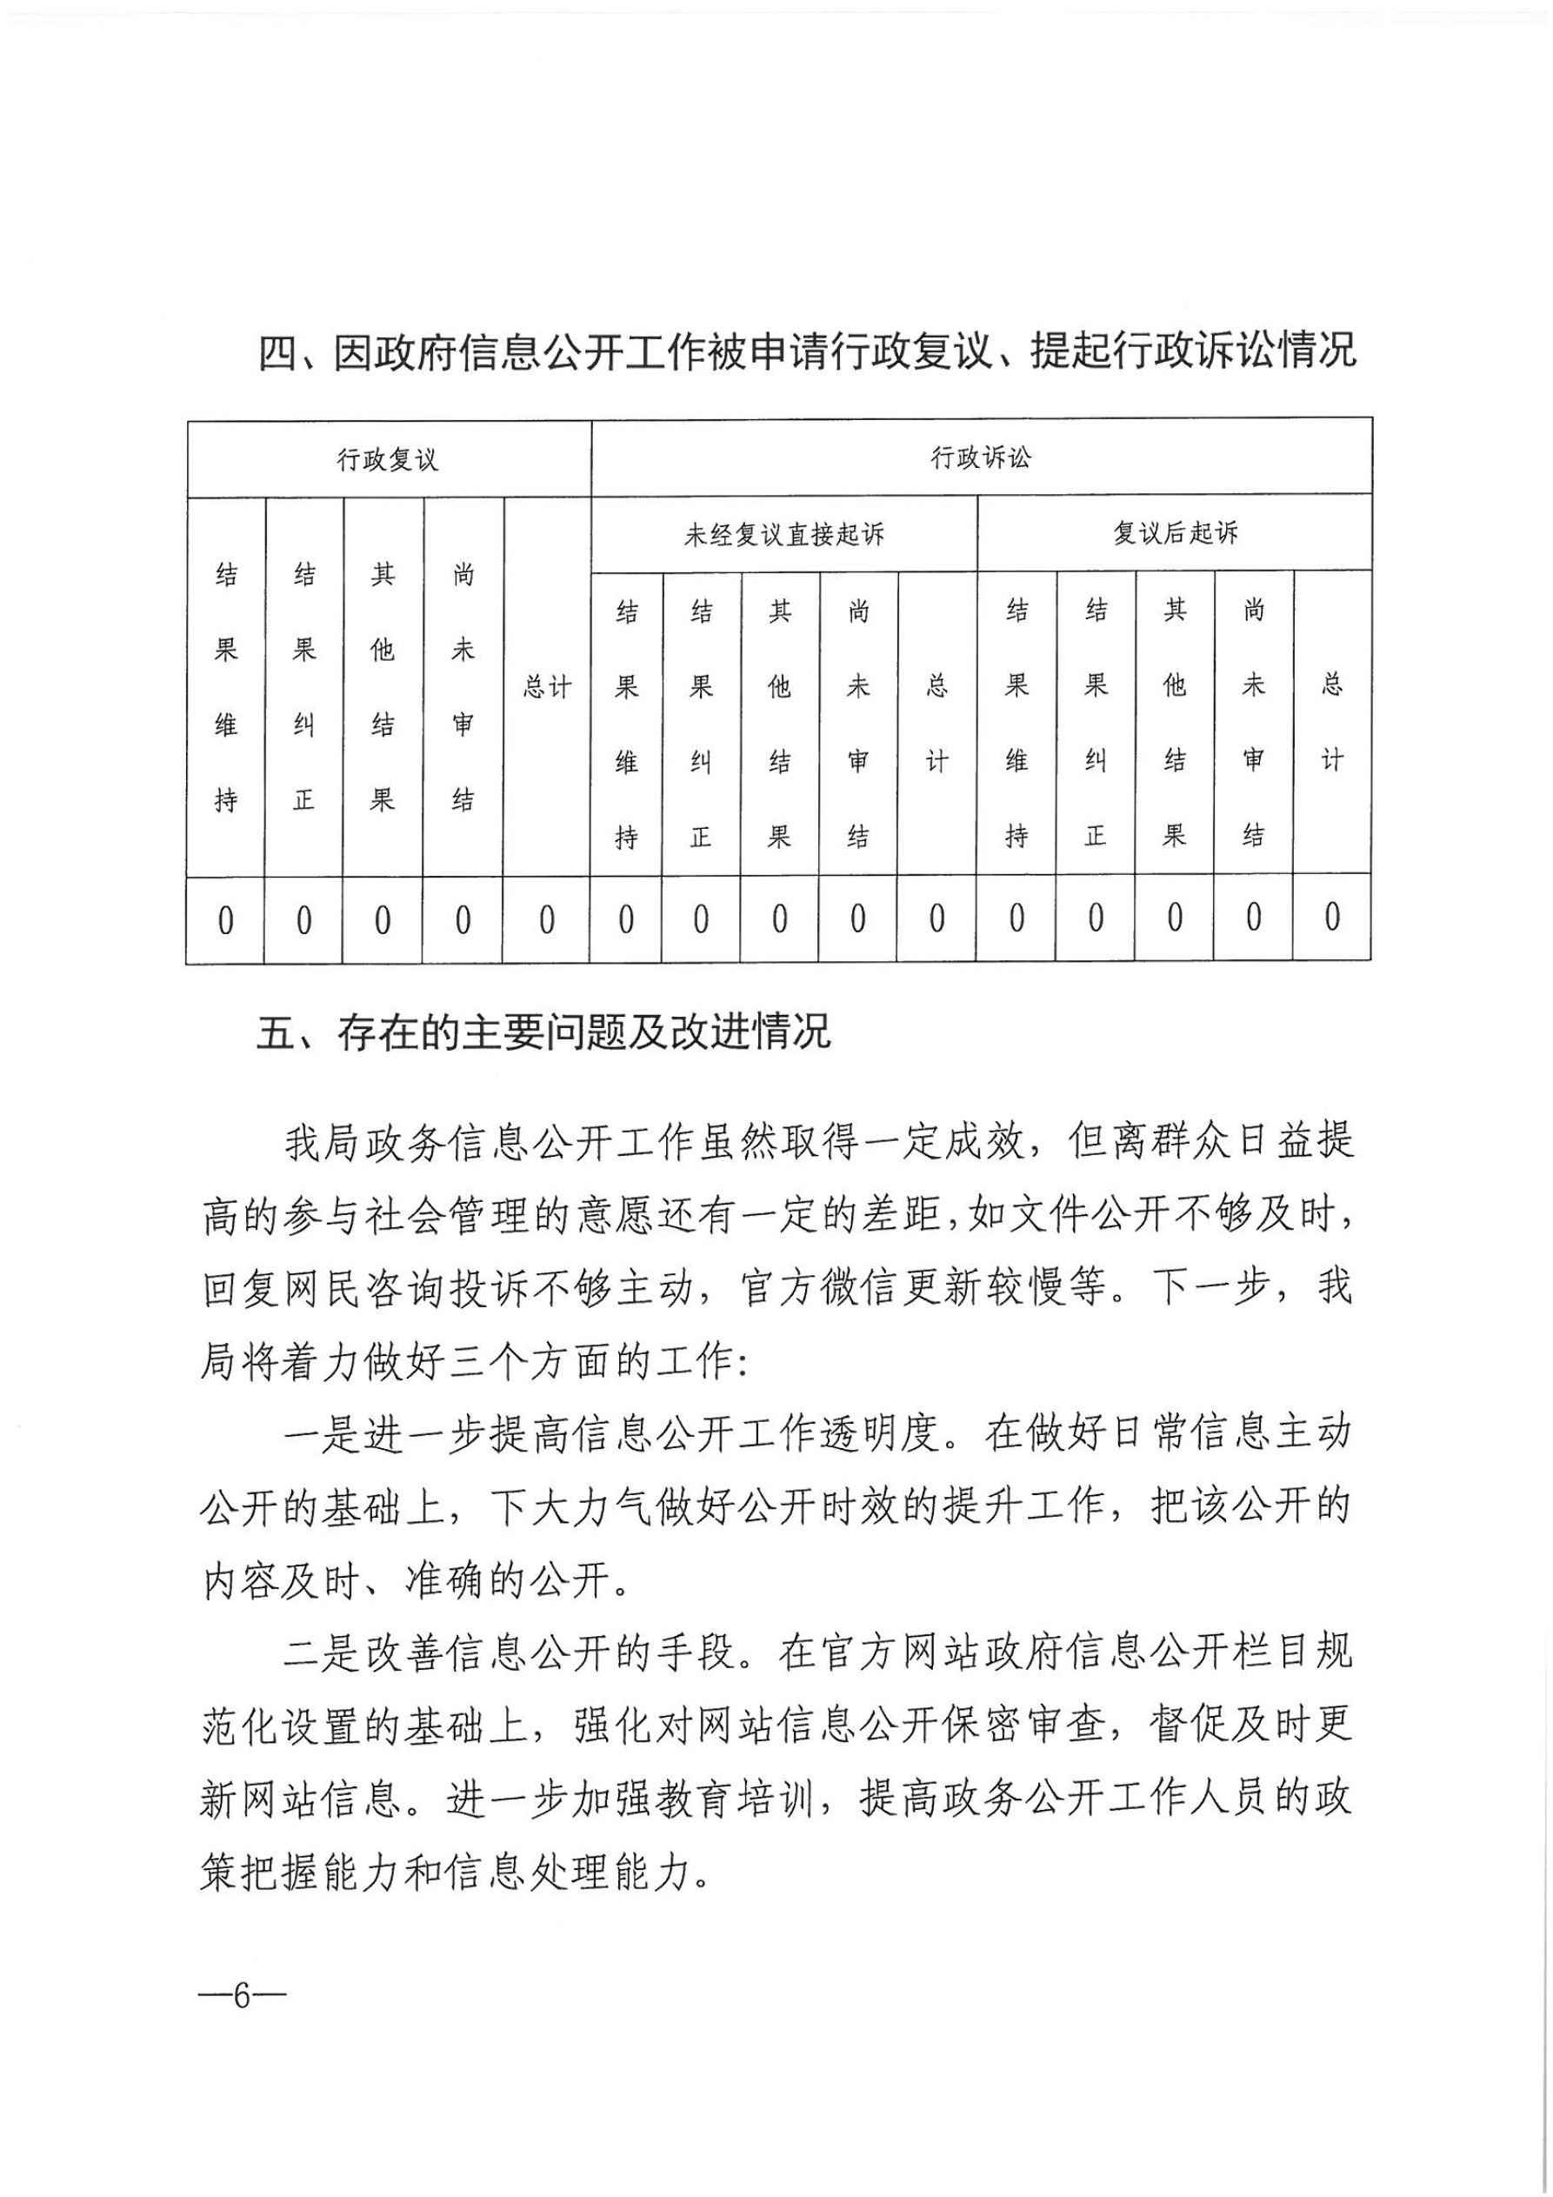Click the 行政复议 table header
[x=388, y=460]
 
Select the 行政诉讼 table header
[x=981, y=458]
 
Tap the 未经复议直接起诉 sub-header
[x=783, y=534]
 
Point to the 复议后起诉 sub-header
[x=1175, y=533]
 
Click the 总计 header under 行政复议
[x=546, y=687]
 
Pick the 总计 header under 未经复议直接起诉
[x=936, y=723]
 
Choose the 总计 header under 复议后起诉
[x=1332, y=722]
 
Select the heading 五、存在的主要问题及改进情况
[x=543, y=1033]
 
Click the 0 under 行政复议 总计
[x=546, y=920]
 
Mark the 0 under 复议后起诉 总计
[x=1332, y=918]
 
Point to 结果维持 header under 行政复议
[x=226, y=687]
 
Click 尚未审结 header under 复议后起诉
[x=1254, y=723]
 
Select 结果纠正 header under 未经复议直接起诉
[x=702, y=724]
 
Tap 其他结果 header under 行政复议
[x=383, y=687]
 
